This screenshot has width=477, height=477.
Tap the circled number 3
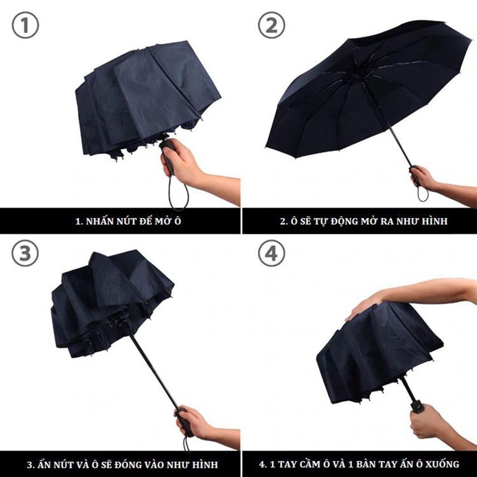click(25, 254)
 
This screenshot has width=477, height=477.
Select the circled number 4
click(271, 254)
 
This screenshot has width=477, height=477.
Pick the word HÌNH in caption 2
click(434, 221)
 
